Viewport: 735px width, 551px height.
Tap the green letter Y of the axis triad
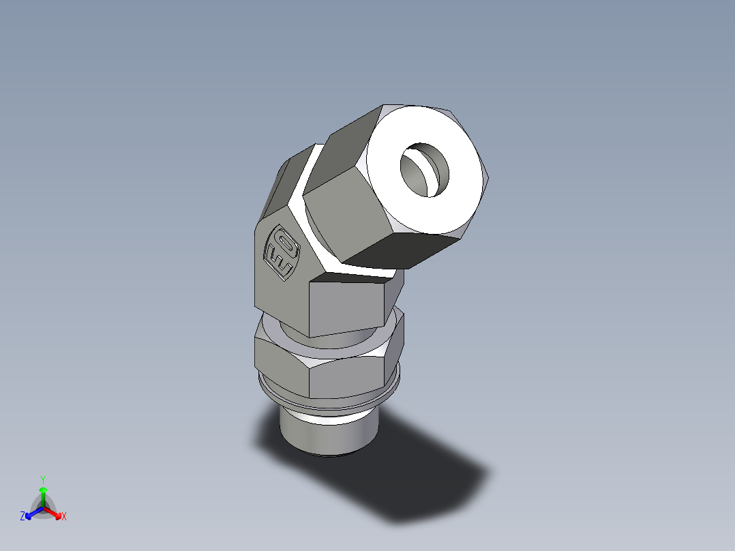pyautogui.click(x=42, y=479)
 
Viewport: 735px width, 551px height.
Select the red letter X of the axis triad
pyautogui.click(x=64, y=517)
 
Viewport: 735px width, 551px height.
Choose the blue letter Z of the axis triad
pyautogui.click(x=22, y=517)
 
